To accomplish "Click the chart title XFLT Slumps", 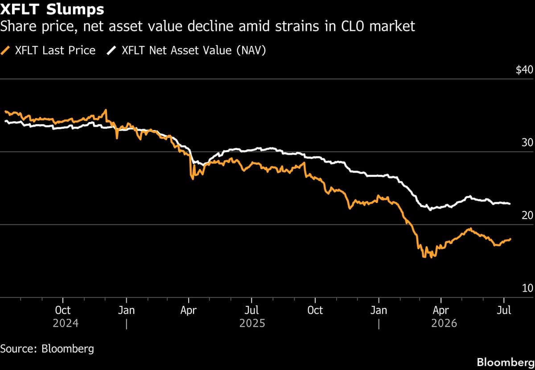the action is (52, 9).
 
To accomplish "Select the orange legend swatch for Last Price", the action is (5, 51).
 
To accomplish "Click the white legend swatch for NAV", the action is (111, 51).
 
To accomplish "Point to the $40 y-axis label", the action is (524, 69).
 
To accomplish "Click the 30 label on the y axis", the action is (527, 142).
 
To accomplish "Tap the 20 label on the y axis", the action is (527, 215).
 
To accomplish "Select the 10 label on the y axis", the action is (527, 288).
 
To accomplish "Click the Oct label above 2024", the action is (63, 310).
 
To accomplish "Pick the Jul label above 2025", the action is (251, 310).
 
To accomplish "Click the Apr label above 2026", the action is (441, 311).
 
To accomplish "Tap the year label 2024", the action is (66, 324).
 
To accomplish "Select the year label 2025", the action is (252, 324).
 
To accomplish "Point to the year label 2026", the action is (444, 324).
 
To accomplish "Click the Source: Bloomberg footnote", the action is (47, 349).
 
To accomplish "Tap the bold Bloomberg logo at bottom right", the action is (506, 362).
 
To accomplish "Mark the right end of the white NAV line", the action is (510, 204).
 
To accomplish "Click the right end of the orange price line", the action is (510, 239).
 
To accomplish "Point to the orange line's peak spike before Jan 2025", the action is (106, 110).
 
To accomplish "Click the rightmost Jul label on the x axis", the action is (504, 310).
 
